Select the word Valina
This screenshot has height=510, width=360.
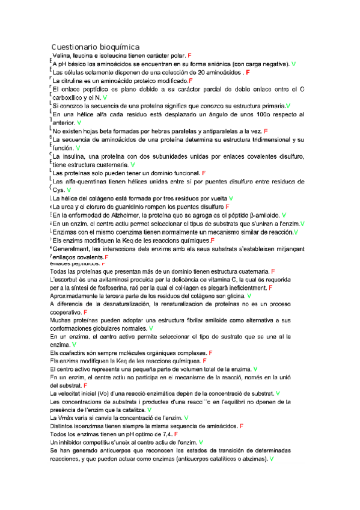(63, 55)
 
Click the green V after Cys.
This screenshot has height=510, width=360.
(69, 189)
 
